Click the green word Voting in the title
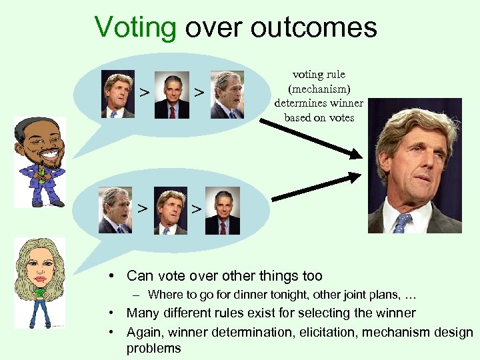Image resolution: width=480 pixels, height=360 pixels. (x=135, y=28)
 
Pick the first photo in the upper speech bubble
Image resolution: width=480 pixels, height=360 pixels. (x=118, y=94)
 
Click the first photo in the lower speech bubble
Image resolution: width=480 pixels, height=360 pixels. (x=115, y=210)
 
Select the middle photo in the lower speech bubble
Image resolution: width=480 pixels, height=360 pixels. (x=170, y=210)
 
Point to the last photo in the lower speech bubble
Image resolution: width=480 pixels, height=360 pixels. (x=223, y=210)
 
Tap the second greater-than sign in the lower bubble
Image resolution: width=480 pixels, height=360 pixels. (x=196, y=209)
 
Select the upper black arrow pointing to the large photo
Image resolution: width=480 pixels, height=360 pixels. (x=319, y=138)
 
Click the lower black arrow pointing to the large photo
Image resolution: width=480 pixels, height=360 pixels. (x=316, y=187)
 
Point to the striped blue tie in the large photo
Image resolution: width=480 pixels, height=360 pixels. (x=402, y=223)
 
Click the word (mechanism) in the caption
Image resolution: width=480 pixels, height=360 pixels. (x=318, y=89)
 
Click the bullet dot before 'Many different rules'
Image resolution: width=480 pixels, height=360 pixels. (x=116, y=313)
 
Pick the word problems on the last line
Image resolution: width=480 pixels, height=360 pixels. (x=153, y=348)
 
